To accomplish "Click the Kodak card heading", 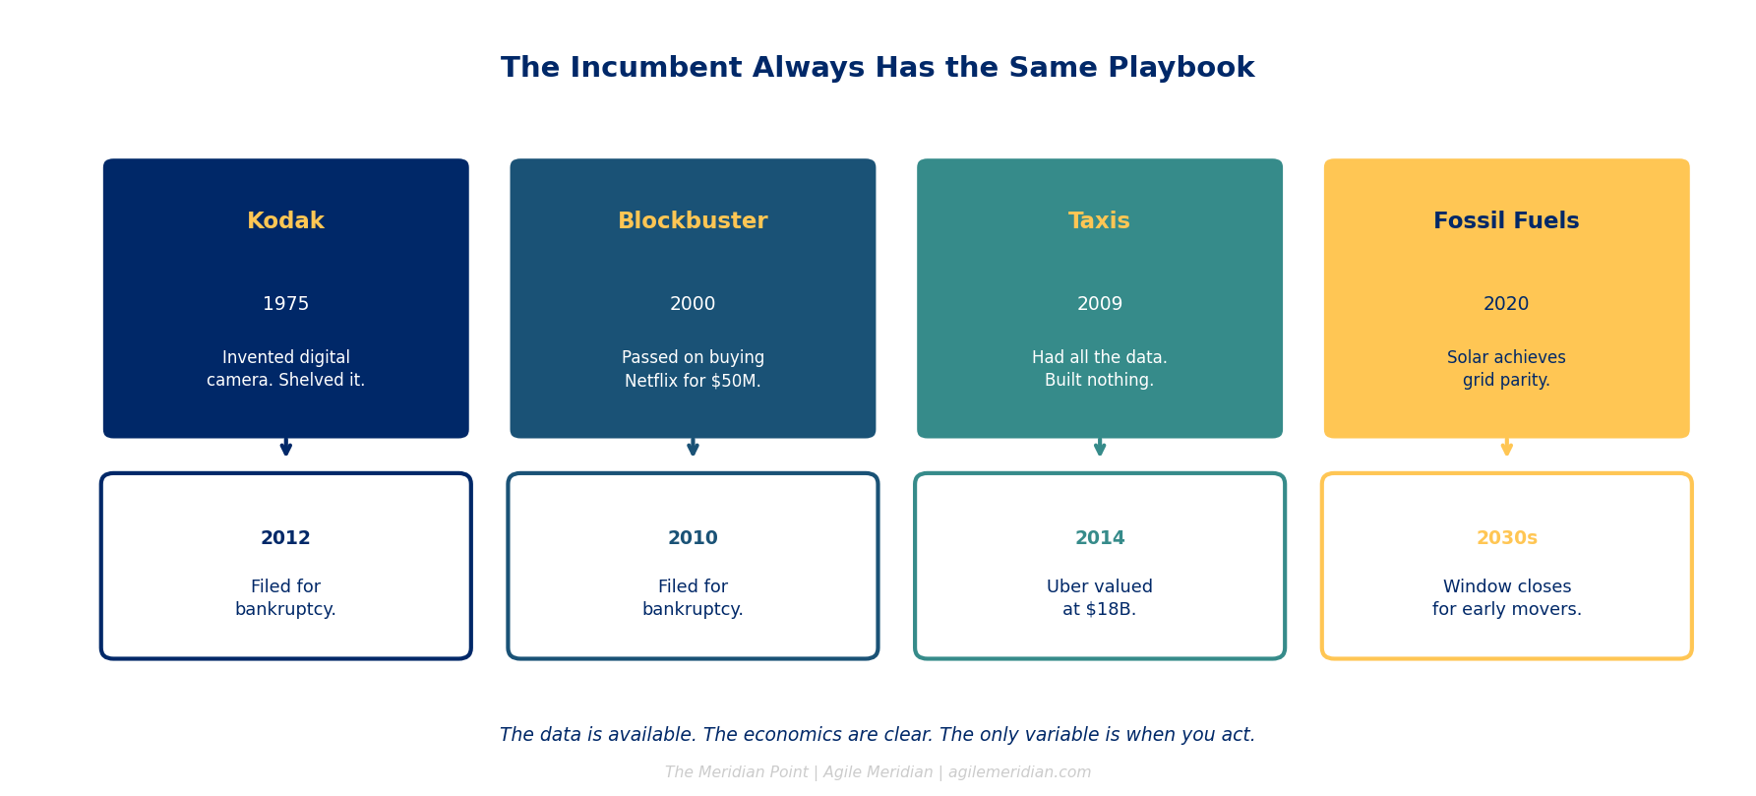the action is (x=285, y=221).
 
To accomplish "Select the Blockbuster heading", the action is (x=693, y=221).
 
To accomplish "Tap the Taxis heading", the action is (x=1099, y=221).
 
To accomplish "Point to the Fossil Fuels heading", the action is (x=1506, y=221).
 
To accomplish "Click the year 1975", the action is (x=285, y=304).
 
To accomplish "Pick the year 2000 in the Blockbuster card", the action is (x=693, y=304).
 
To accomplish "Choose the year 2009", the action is (x=1099, y=304).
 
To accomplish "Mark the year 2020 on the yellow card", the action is (x=1506, y=304).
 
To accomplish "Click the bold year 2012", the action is (x=285, y=538).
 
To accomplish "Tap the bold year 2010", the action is (x=693, y=538).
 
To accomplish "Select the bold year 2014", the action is (x=1099, y=538).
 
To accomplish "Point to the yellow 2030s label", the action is (x=1506, y=538).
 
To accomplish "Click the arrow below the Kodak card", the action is (x=285, y=447).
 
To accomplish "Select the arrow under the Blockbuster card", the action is (x=693, y=447).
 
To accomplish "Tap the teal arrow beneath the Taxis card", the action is (x=1099, y=447).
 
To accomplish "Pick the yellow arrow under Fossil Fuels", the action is (x=1506, y=447).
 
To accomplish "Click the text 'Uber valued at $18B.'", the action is (x=1099, y=598).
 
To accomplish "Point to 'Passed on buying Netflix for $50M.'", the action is (x=693, y=369).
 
